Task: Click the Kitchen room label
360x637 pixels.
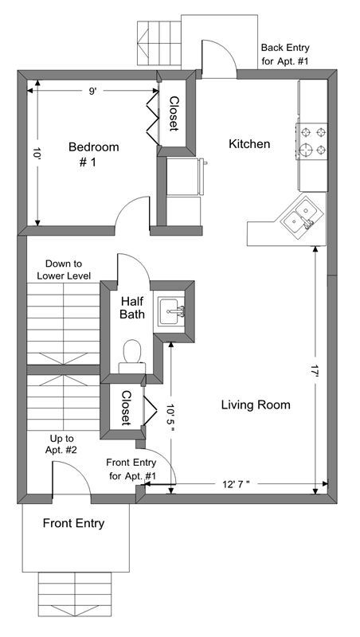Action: click(249, 144)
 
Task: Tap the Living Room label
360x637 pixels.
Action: click(256, 404)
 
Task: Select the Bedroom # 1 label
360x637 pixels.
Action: click(93, 154)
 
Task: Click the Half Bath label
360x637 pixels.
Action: click(132, 307)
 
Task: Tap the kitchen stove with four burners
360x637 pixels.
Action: click(312, 142)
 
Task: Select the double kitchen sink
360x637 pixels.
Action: click(303, 216)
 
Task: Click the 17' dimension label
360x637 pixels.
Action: click(315, 372)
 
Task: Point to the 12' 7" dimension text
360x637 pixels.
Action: click(236, 483)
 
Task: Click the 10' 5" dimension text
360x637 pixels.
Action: click(171, 414)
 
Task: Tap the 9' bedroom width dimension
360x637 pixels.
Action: click(92, 92)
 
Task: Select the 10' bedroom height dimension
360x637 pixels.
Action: click(37, 154)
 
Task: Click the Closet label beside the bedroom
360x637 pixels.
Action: click(174, 113)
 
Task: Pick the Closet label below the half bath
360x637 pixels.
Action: click(127, 408)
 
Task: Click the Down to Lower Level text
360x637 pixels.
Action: click(64, 270)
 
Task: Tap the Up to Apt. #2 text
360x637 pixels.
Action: click(62, 444)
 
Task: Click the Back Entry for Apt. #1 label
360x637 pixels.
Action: click(285, 54)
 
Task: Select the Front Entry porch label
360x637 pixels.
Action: click(73, 523)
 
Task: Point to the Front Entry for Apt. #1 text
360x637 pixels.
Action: click(131, 469)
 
